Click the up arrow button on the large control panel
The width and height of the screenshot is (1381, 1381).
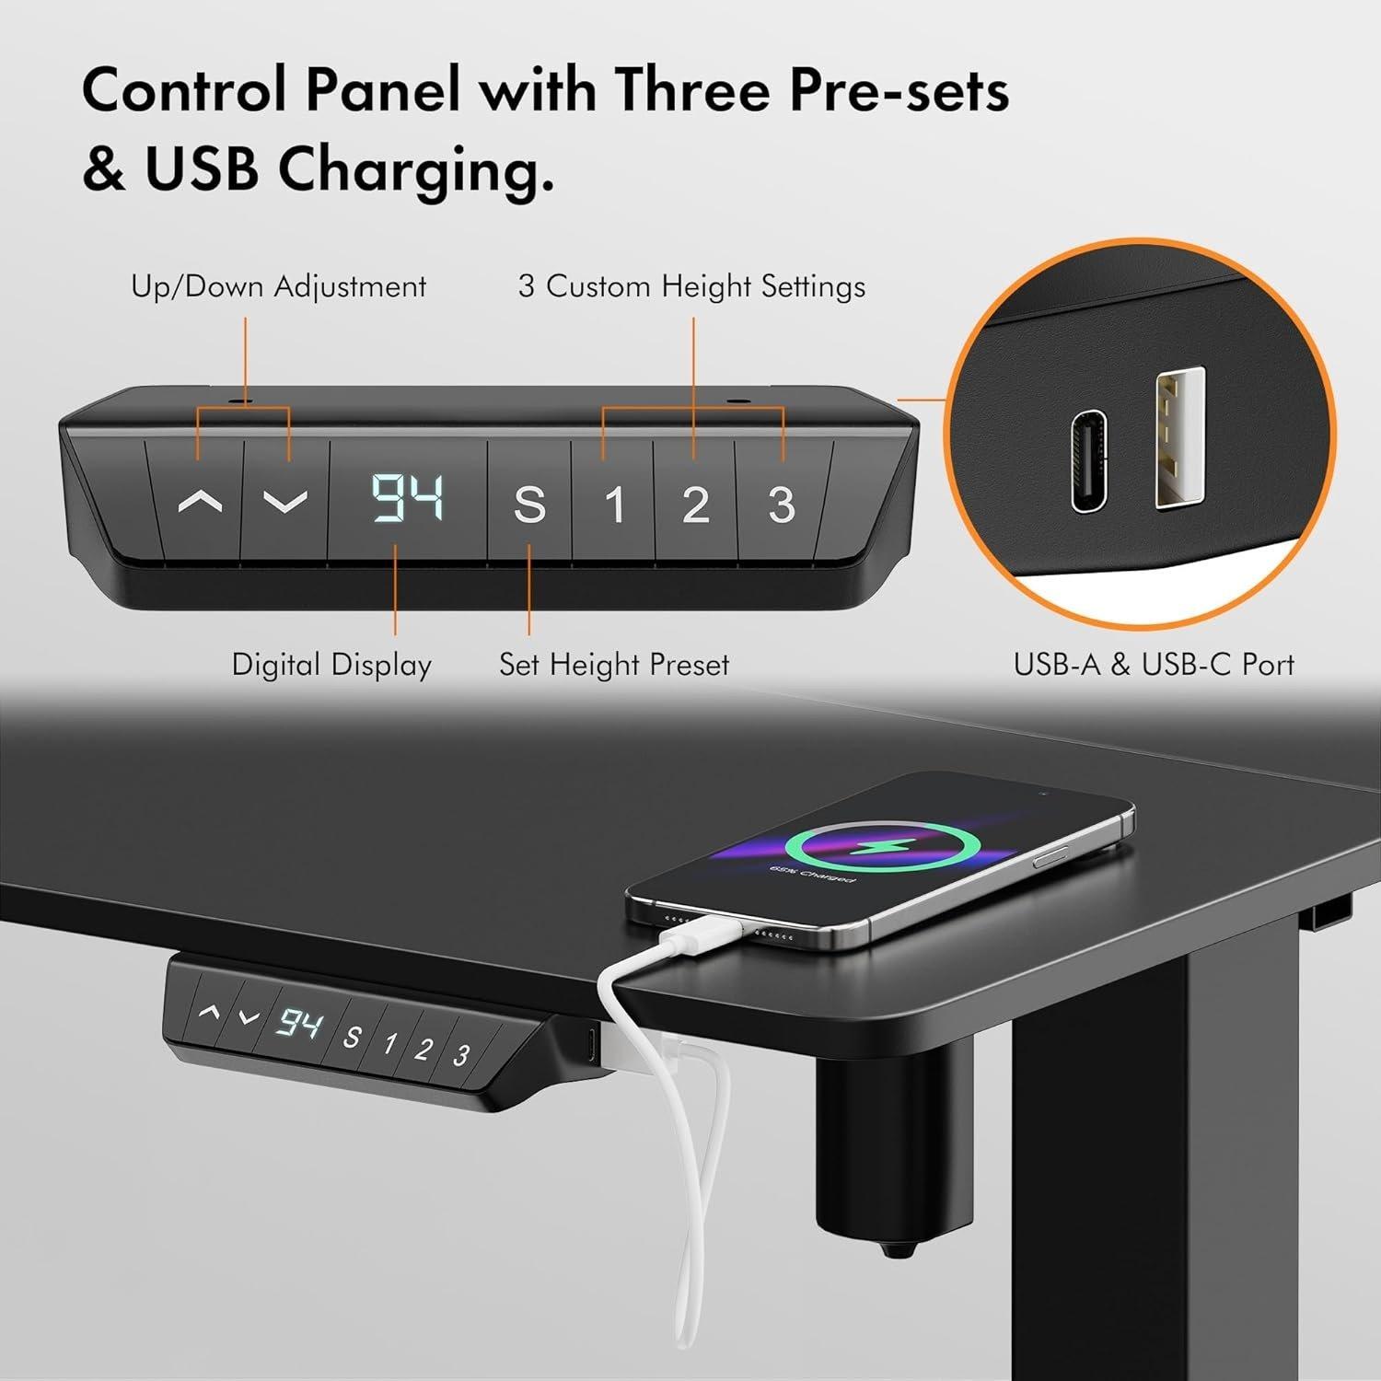(x=200, y=503)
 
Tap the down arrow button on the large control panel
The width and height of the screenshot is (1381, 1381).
(x=284, y=503)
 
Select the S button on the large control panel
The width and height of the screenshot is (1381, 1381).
(x=528, y=505)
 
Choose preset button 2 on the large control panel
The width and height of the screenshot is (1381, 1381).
(x=695, y=505)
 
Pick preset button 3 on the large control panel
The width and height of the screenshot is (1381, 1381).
(x=781, y=505)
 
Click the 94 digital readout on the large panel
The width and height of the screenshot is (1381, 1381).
(x=408, y=500)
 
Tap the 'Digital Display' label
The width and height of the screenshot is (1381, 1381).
(x=331, y=665)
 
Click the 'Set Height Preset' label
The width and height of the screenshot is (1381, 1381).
(x=614, y=665)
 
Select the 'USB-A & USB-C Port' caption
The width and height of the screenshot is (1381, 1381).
(x=1154, y=665)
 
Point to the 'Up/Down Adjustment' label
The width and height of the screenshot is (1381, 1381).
(x=278, y=286)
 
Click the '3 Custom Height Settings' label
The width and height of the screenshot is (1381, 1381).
(x=691, y=286)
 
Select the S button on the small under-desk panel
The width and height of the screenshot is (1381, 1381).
(x=352, y=1037)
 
